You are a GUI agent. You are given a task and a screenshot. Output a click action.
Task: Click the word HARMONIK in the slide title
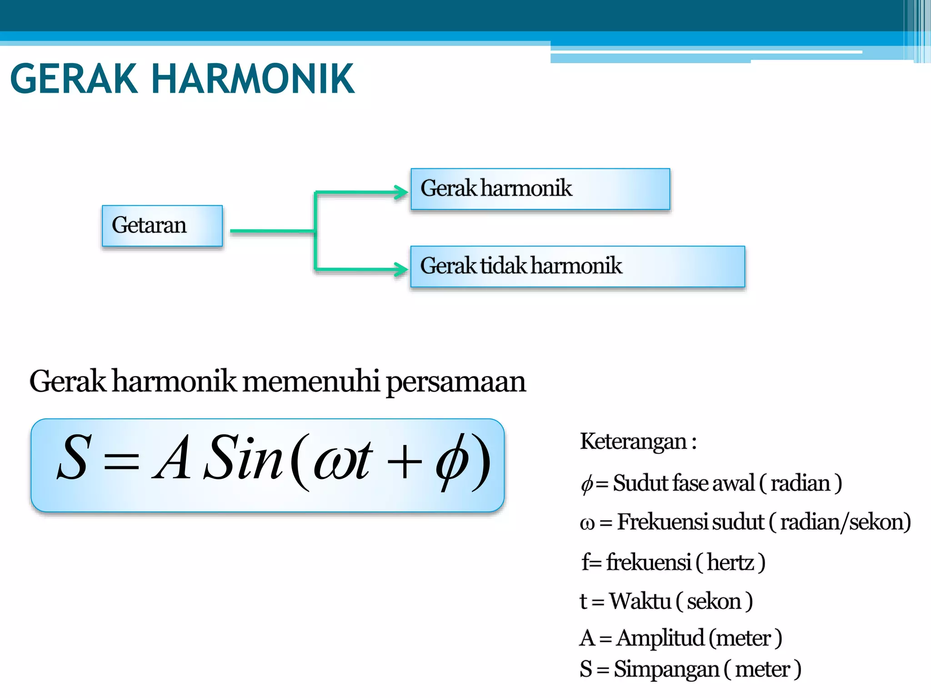pyautogui.click(x=253, y=79)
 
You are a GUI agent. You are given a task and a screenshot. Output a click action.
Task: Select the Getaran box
pyautogui.click(x=162, y=226)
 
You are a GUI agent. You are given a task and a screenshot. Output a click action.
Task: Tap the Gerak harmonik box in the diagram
pyautogui.click(x=540, y=189)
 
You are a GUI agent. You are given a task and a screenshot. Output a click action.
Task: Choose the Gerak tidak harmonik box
pyautogui.click(x=577, y=267)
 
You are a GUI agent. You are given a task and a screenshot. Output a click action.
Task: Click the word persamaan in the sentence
pyautogui.click(x=456, y=382)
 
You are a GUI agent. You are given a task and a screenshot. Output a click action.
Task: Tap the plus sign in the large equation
pyautogui.click(x=404, y=464)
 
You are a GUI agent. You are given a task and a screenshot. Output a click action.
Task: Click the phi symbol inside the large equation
pyautogui.click(x=452, y=462)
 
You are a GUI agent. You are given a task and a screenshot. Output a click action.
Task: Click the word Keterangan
pyautogui.click(x=633, y=442)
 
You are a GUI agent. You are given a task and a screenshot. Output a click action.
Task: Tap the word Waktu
pyautogui.click(x=640, y=601)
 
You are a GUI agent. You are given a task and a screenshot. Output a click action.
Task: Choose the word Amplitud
pyautogui.click(x=660, y=638)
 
